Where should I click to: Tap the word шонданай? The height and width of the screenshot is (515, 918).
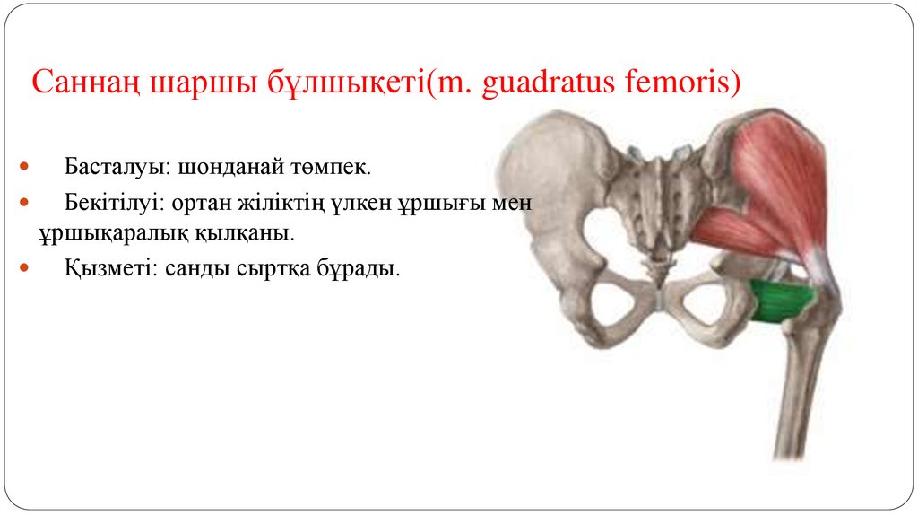(x=229, y=168)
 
